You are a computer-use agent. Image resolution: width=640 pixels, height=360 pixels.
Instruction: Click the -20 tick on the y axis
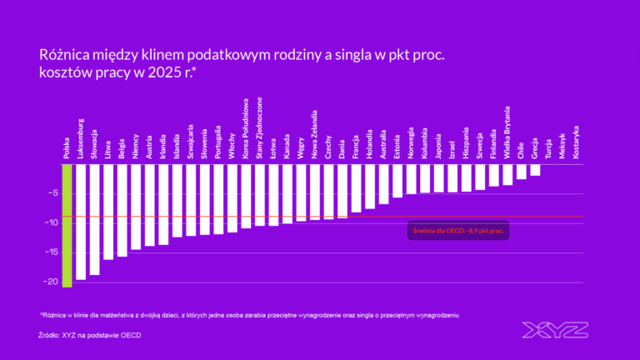tap(49, 282)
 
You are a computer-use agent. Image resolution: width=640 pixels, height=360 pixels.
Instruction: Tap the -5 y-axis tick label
tap(52, 193)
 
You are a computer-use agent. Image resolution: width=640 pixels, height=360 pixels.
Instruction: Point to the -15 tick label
tap(49, 252)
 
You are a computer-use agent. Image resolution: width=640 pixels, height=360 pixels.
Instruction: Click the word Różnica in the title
tap(67, 54)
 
